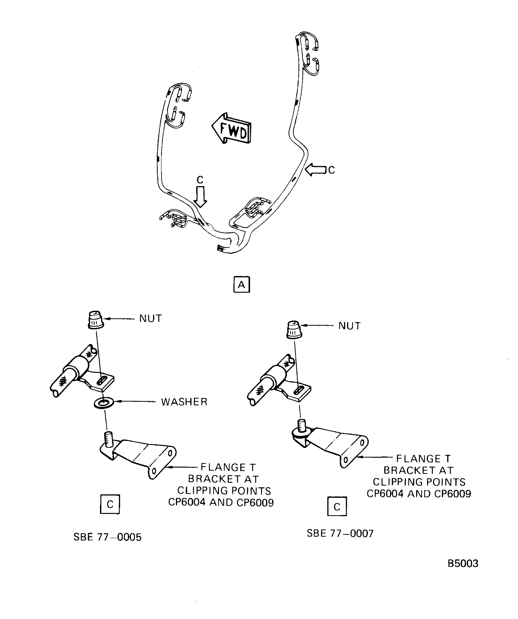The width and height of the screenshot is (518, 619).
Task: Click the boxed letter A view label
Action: [242, 285]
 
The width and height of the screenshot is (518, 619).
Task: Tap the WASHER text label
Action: [184, 402]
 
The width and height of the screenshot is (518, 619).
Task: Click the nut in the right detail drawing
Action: [294, 330]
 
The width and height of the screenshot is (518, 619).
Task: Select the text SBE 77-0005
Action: [107, 537]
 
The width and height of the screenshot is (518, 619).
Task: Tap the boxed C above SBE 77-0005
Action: [110, 504]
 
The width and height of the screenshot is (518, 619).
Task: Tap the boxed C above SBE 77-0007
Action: [337, 506]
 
